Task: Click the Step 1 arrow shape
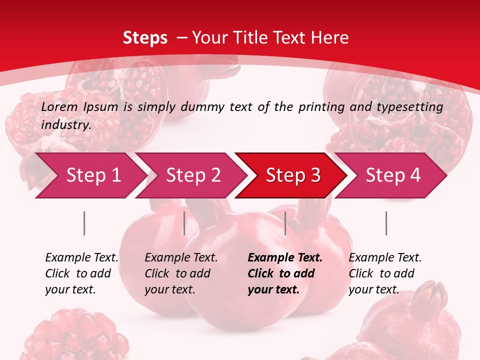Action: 93,175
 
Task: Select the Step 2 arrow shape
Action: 193,175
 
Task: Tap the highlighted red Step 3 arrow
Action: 293,175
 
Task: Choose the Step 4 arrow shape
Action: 393,175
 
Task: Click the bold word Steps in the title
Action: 145,38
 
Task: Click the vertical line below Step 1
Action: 84,223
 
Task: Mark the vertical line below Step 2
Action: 184,223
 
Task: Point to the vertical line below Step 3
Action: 285,223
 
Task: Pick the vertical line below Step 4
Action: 386,223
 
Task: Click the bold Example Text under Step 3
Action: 285,258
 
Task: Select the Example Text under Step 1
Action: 81,258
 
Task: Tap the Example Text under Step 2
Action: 181,258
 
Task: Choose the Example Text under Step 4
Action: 385,258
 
